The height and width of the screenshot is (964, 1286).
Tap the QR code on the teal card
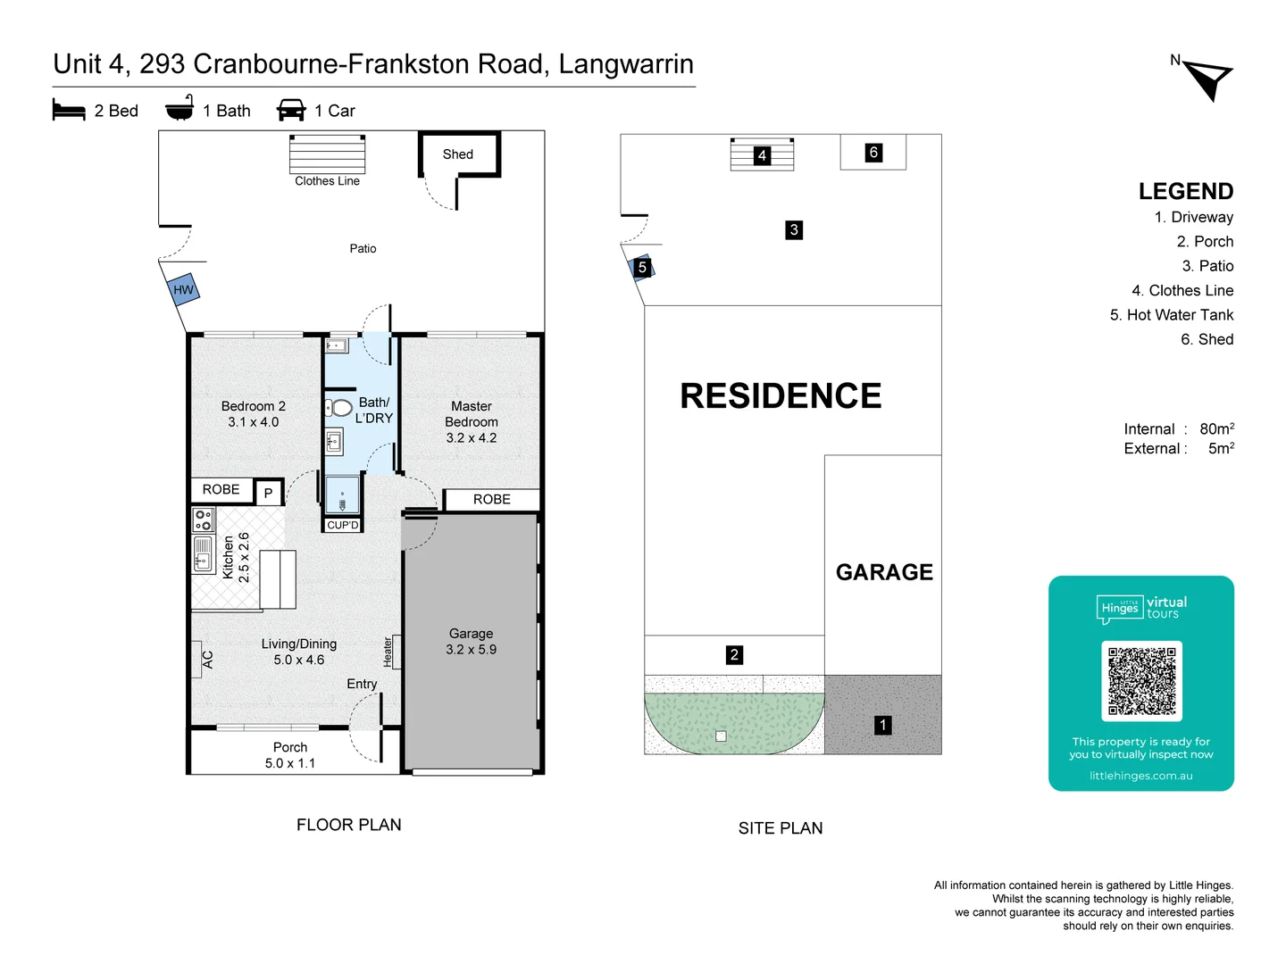pos(1141,681)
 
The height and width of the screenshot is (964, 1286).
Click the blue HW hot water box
pos(184,289)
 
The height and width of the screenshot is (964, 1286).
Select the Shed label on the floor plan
pos(458,154)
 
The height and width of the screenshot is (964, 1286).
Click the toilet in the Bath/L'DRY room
pos(339,408)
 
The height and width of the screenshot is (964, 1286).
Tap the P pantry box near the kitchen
pos(268,493)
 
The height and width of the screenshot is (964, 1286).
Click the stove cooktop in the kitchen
pos(203,519)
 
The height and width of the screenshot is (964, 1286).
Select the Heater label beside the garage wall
pos(388,652)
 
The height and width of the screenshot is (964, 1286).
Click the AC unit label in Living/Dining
pos(207,660)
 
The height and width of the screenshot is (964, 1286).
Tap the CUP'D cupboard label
pos(342,525)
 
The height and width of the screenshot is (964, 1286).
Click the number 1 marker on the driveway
pos(882,725)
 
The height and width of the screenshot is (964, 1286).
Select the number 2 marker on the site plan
pos(734,654)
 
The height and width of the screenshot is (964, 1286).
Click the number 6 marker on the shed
pos(873,153)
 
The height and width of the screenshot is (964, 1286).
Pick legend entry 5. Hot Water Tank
pos(1171,315)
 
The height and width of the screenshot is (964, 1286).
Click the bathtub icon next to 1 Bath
pos(180,109)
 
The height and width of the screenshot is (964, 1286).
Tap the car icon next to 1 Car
pos(291,110)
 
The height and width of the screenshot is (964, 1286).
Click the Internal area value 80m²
pos(1216,428)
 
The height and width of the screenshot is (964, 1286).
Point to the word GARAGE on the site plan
pos(884,572)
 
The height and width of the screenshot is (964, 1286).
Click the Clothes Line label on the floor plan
pos(327,181)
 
